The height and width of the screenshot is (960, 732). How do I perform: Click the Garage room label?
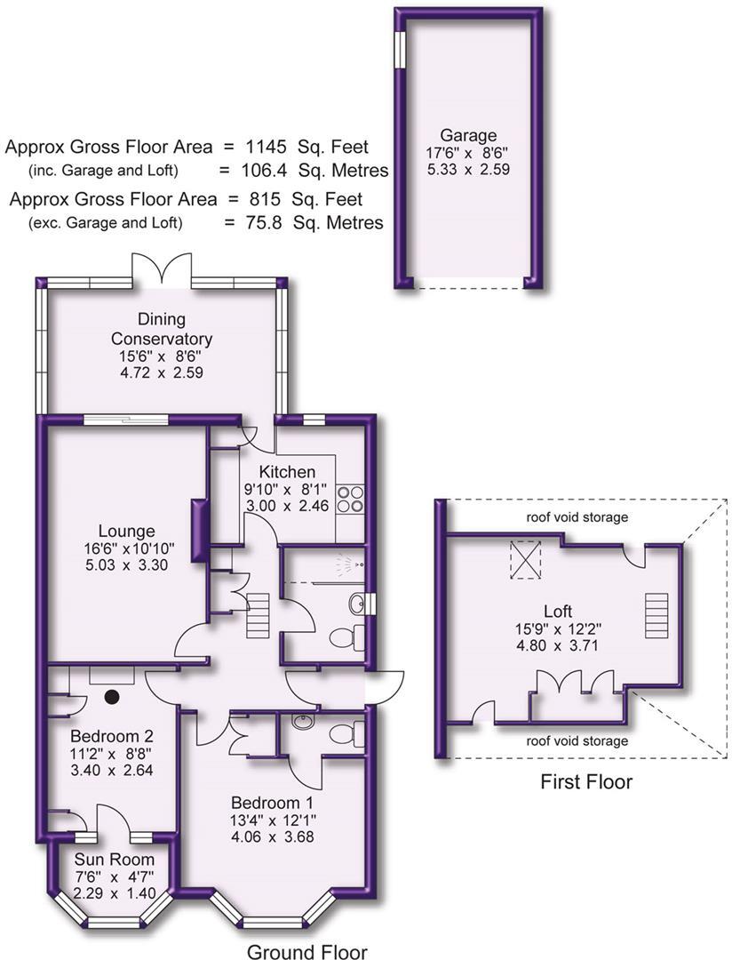tap(468, 136)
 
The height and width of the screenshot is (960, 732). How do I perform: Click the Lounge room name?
tap(128, 532)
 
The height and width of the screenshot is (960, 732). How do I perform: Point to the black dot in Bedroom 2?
tap(113, 697)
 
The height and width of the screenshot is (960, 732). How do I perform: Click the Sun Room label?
tap(113, 860)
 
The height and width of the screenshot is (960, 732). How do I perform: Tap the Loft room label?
tap(559, 612)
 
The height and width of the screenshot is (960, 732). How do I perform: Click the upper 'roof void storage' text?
tap(576, 516)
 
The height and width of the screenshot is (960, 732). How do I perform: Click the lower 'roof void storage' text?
tap(576, 740)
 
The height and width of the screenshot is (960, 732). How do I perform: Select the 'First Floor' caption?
tap(586, 782)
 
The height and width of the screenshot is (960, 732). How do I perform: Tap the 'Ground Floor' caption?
tap(306, 951)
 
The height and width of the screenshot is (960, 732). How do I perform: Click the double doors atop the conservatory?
tap(161, 269)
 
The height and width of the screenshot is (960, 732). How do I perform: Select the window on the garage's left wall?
tap(400, 48)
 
